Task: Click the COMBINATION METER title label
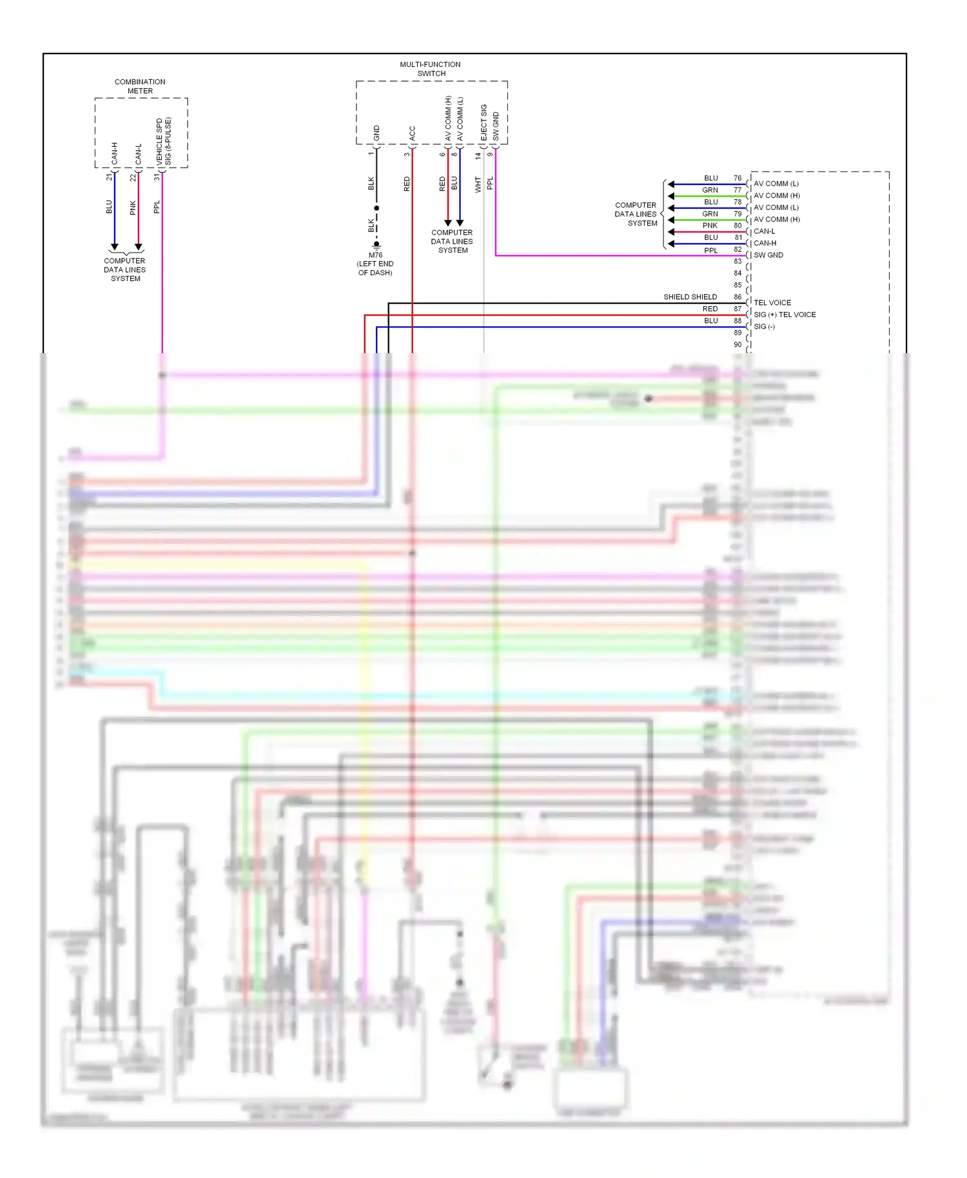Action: (140, 86)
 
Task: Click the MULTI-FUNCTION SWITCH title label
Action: (430, 69)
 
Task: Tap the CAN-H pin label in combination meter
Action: (115, 153)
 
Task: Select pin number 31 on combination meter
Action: (157, 177)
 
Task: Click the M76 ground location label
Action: (375, 264)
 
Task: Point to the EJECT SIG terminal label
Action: (484, 122)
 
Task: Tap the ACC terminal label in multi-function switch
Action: (412, 133)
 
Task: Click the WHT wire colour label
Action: (478, 184)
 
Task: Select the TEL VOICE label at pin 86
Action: (772, 302)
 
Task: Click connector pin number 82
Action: (737, 249)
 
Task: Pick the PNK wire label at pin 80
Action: (710, 226)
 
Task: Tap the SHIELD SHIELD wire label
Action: (690, 297)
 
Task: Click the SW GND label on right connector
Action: (768, 255)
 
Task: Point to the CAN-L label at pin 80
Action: (765, 231)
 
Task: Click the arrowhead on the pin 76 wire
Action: (671, 184)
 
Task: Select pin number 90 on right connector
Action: (737, 345)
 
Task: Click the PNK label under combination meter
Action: (133, 208)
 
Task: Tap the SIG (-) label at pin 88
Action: (764, 327)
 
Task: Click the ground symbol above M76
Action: (376, 245)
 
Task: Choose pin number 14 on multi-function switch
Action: (478, 155)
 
